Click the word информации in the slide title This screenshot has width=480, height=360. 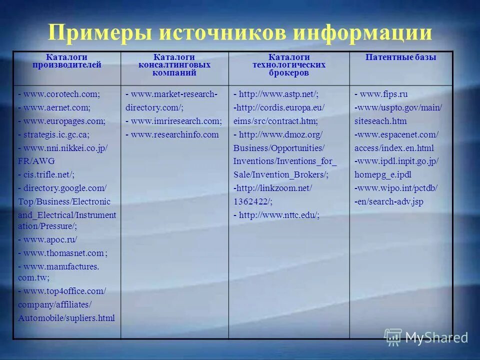coord(362,33)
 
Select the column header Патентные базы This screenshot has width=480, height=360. coord(400,57)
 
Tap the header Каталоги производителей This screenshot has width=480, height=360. coord(66,61)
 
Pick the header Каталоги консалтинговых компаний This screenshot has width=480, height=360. coord(174,65)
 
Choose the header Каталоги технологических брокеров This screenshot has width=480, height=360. coord(288,65)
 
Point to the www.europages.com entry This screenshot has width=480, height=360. coord(64,121)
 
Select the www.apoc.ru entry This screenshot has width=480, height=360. coord(50,239)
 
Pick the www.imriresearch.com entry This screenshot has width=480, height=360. coord(176,121)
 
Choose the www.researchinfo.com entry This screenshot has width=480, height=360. coord(174,134)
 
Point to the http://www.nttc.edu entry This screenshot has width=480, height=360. coord(279,215)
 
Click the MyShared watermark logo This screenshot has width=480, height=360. coord(426,337)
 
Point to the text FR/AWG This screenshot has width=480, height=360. coord(36,161)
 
